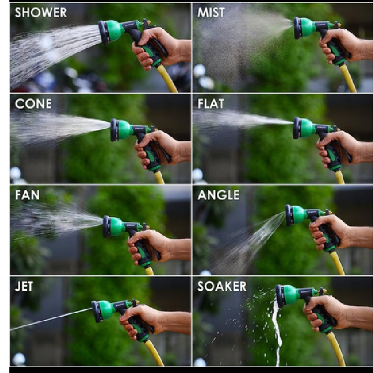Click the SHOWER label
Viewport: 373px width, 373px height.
click(x=41, y=12)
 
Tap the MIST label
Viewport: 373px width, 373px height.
click(x=211, y=12)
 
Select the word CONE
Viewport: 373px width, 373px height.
click(x=33, y=104)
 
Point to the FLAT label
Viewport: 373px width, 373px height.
click(x=211, y=104)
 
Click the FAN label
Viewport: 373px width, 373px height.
click(x=27, y=195)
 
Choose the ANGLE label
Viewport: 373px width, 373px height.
click(x=218, y=195)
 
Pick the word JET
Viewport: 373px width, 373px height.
click(x=24, y=286)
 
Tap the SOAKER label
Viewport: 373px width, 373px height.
click(x=222, y=286)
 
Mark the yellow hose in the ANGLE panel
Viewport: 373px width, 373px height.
click(x=337, y=263)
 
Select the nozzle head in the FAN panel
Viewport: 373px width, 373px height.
click(x=114, y=226)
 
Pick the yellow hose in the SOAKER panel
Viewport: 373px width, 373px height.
click(x=336, y=349)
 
